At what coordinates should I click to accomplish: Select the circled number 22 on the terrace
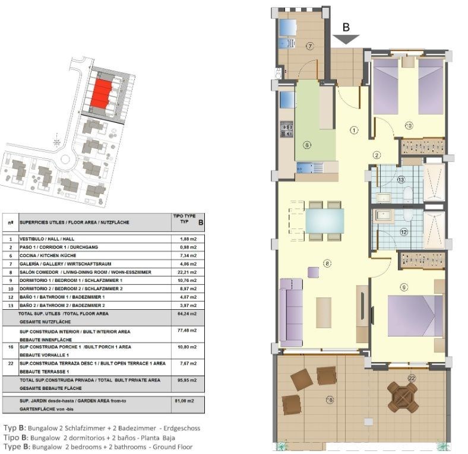tap(412, 377)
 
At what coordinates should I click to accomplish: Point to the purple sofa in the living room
tap(291, 313)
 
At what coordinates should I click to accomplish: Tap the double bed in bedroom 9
tap(415, 316)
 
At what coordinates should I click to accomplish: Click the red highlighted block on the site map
tap(100, 94)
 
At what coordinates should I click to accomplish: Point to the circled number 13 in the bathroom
tap(401, 179)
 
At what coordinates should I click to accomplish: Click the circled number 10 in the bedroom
tap(409, 125)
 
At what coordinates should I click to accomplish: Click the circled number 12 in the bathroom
tap(404, 232)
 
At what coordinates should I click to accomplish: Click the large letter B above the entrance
tap(346, 26)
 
